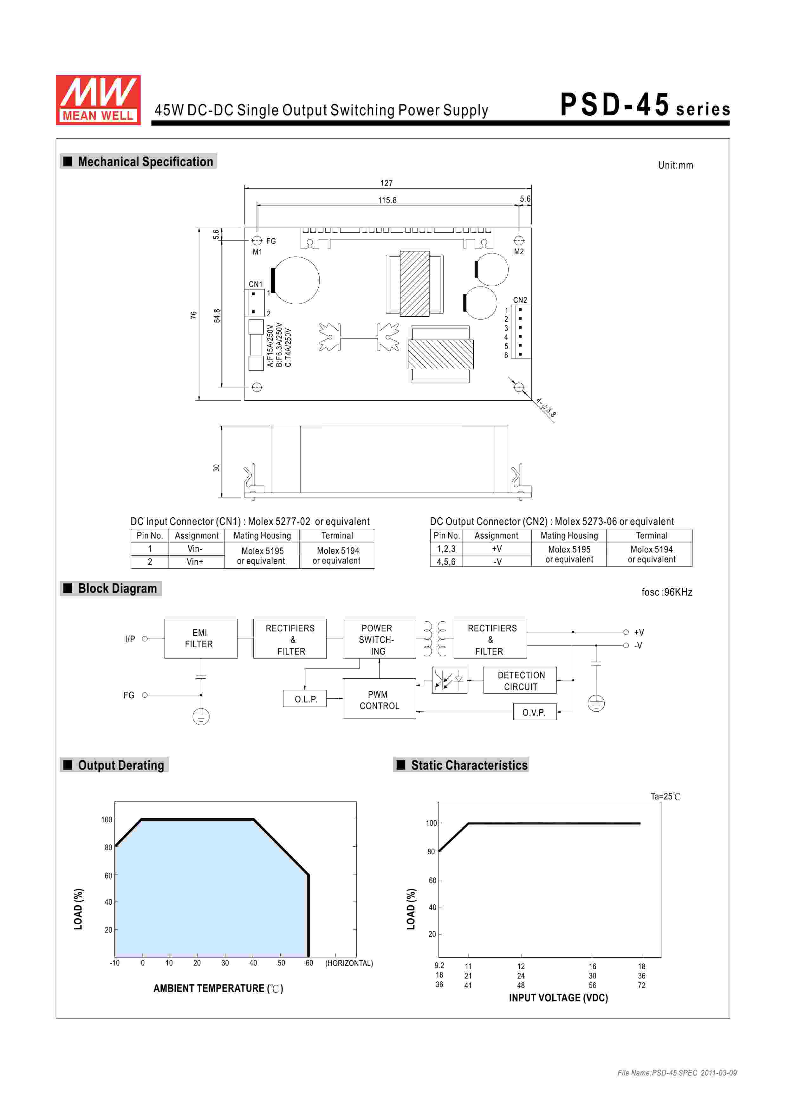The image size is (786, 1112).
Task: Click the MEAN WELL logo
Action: click(98, 100)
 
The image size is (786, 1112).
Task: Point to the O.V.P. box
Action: click(534, 713)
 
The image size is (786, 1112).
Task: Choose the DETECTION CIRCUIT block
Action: click(520, 681)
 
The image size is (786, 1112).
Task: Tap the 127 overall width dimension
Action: click(387, 183)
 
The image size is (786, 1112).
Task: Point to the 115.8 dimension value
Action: click(387, 200)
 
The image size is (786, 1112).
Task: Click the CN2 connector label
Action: click(520, 300)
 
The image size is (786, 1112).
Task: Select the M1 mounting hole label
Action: click(257, 252)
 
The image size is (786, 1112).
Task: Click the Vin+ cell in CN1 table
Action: click(195, 562)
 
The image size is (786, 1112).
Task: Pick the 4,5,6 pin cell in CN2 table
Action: click(446, 562)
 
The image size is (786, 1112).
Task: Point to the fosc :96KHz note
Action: click(667, 592)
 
